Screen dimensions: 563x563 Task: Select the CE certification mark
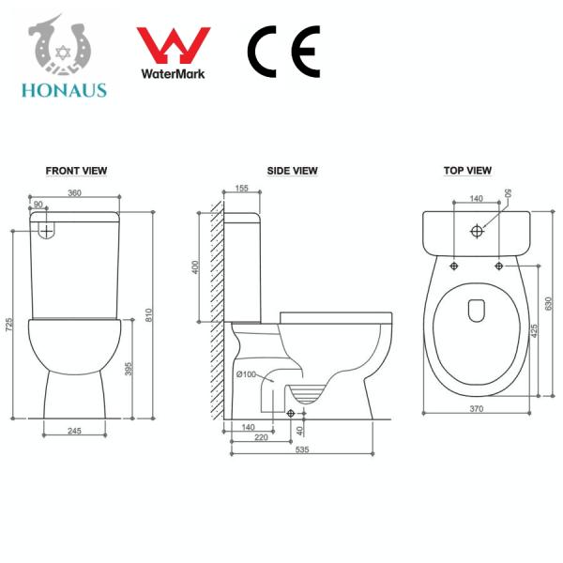pos(283,51)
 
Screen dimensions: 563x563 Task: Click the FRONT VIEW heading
pos(76,171)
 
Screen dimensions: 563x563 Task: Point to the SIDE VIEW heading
pos(292,171)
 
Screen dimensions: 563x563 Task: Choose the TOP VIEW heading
pos(467,171)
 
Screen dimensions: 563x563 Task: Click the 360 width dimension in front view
pos(76,193)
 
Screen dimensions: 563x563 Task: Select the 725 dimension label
pos(9,326)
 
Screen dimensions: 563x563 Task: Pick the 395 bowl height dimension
pos(129,370)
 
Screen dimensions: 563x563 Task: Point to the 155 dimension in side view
pos(242,189)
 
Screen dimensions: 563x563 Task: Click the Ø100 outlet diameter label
pos(246,375)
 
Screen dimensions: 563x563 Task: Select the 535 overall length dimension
pos(301,450)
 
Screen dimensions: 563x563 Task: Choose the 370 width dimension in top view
pos(477,409)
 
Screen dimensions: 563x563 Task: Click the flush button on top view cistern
pos(478,230)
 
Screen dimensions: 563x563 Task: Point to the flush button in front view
pos(46,228)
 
